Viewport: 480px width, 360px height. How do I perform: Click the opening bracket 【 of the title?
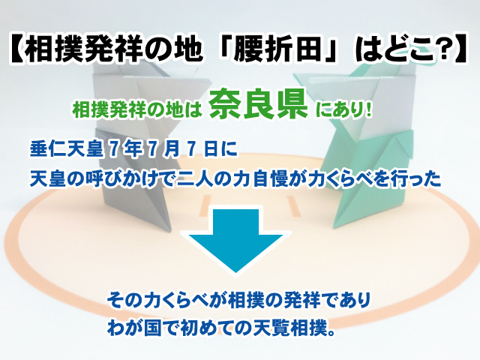pos(16,50)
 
